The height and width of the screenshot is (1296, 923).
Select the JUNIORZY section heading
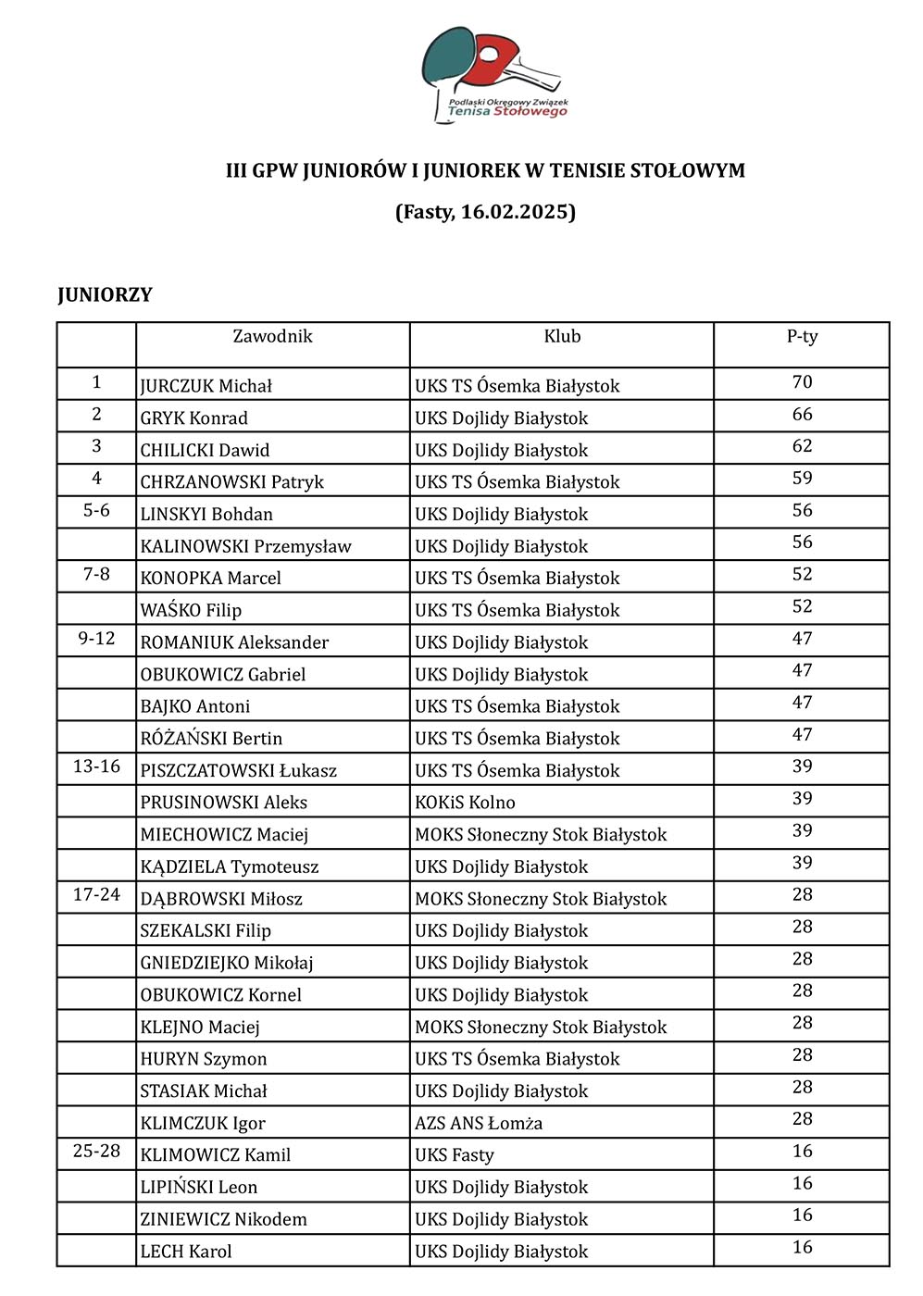[105, 295]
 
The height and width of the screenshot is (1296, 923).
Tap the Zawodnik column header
[272, 337]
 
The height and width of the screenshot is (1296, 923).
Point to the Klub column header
[562, 337]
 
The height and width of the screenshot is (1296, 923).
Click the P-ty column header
[802, 337]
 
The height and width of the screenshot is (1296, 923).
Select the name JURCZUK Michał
[206, 386]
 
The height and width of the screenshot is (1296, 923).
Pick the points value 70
[802, 382]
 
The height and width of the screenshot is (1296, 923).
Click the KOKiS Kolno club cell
[465, 803]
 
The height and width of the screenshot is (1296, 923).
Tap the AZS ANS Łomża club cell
[479, 1124]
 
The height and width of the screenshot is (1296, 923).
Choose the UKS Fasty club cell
[455, 1155]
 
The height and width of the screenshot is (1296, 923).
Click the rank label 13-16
[96, 766]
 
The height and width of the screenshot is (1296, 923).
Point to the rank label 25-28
[96, 1152]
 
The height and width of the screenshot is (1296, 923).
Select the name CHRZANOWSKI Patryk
[232, 482]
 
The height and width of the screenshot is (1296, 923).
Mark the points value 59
[802, 479]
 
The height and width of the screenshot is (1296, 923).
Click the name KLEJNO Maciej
[200, 1028]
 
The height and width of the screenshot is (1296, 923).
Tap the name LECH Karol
[186, 1252]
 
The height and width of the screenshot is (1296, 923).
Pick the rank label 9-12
[96, 639]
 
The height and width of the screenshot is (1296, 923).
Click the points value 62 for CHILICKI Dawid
[802, 446]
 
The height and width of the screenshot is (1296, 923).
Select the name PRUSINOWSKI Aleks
[224, 803]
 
